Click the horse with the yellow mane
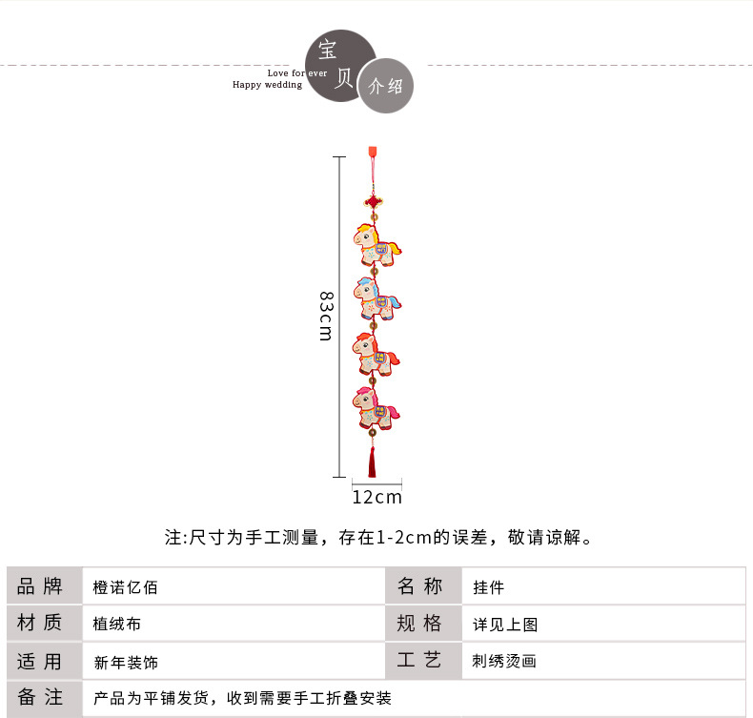click(x=376, y=244)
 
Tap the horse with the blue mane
click(x=376, y=297)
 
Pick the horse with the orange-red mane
click(x=376, y=353)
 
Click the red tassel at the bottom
click(x=373, y=462)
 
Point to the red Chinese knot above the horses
click(x=373, y=202)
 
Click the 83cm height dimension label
click(x=326, y=315)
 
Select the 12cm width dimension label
click(x=376, y=497)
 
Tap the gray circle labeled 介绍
click(x=386, y=87)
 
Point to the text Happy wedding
click(x=267, y=85)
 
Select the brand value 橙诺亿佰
click(x=126, y=587)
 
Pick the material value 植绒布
click(x=117, y=625)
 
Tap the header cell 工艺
click(x=419, y=661)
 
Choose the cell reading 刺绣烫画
click(x=505, y=661)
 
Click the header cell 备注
click(x=40, y=698)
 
